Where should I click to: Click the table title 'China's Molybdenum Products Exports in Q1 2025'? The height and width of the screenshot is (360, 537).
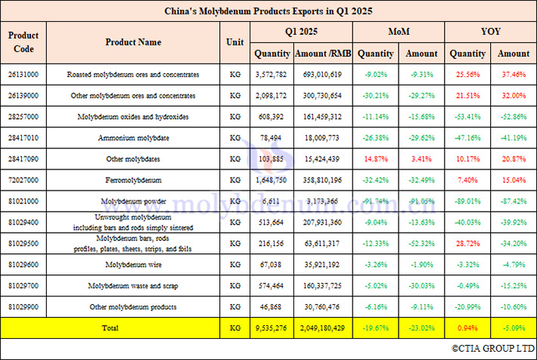pos(268,11)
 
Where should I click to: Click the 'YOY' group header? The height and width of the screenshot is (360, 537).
pos(489,33)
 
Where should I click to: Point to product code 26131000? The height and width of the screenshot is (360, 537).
pos(23,75)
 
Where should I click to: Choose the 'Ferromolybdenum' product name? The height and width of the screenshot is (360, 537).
pos(132,181)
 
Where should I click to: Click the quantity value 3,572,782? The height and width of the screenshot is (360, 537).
pos(272,75)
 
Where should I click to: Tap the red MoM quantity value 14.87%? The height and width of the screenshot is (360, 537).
pos(375,160)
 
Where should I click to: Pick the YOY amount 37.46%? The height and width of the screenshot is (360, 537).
pos(513,75)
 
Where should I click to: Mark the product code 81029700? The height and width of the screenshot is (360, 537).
pos(23,287)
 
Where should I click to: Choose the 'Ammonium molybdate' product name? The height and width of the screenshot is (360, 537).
pos(132,138)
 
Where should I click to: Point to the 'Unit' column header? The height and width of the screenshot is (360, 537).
pos(234,42)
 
